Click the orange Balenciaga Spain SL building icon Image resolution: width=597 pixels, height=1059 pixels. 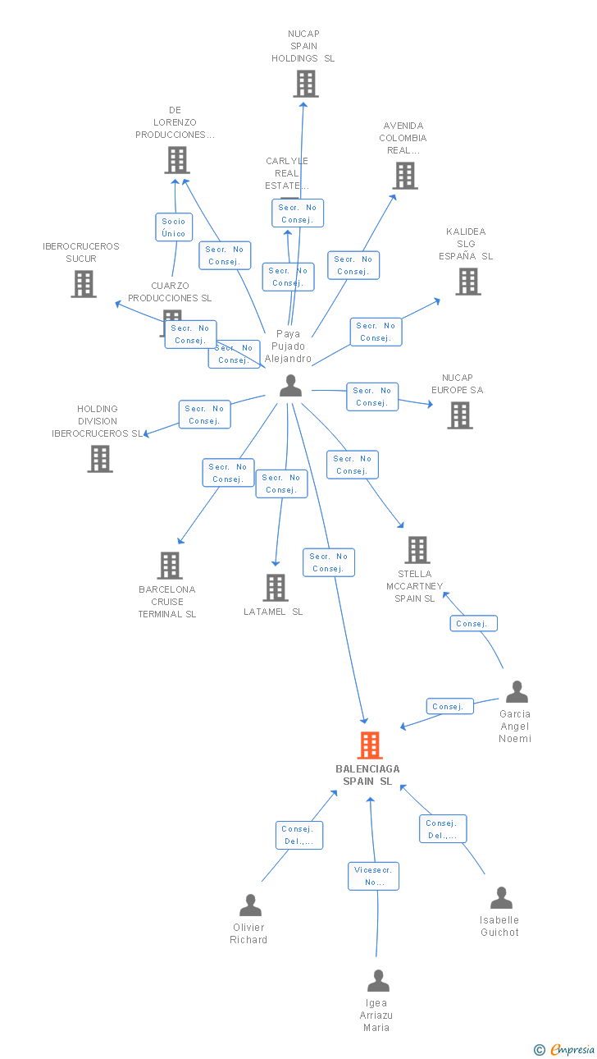point(370,745)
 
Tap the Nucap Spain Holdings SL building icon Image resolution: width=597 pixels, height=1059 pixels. point(305,84)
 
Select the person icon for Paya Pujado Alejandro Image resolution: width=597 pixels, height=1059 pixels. point(290,385)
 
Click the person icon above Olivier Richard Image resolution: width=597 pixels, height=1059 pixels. point(250,905)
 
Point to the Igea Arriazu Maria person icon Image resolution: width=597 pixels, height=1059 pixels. point(377,980)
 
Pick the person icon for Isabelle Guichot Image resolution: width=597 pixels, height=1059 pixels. point(500,897)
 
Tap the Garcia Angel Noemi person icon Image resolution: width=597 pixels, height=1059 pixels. point(516,692)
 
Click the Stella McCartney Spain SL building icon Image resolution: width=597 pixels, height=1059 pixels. point(417,549)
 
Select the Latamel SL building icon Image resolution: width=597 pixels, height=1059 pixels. point(275,587)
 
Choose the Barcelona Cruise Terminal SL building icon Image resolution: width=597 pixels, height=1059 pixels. point(170,565)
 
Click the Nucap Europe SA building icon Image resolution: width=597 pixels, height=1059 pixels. point(459,415)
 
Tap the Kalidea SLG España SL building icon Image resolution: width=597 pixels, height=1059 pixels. point(467,281)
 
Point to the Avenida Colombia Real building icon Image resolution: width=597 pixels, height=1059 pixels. point(404,175)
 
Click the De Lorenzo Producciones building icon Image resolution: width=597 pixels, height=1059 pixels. point(176,160)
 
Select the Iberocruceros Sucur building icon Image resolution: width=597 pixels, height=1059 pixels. point(83,283)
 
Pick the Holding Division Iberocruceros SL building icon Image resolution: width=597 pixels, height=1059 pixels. point(99,458)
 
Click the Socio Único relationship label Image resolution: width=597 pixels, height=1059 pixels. point(174,227)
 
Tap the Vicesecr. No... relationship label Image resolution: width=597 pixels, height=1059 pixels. point(373,876)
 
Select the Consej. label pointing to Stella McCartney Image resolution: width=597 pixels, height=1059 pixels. point(473,624)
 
